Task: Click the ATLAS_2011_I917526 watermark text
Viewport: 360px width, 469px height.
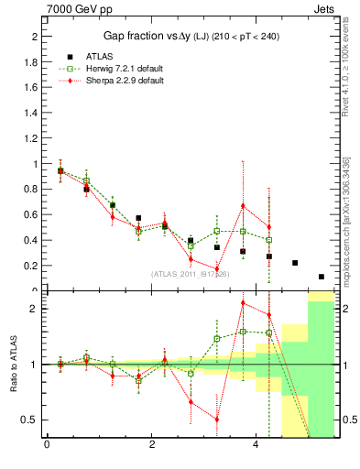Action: [191, 274]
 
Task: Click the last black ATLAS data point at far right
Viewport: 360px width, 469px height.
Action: [322, 277]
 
